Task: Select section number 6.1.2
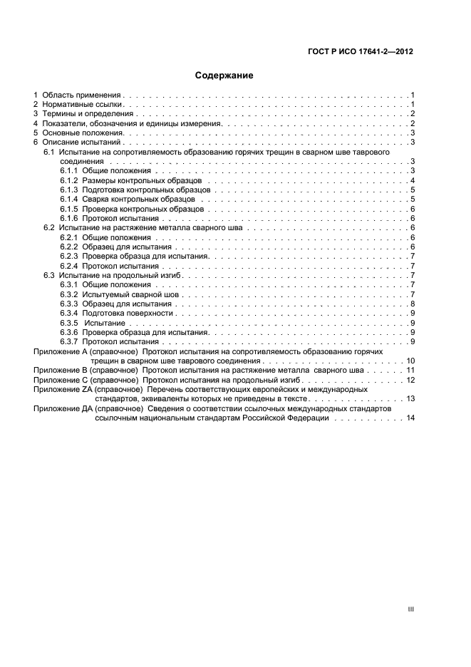coord(68,180)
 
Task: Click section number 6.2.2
coord(68,247)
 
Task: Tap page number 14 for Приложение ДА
coord(410,418)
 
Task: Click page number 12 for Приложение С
coord(410,380)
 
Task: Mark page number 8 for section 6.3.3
coord(413,304)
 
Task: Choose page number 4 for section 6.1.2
coord(413,180)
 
